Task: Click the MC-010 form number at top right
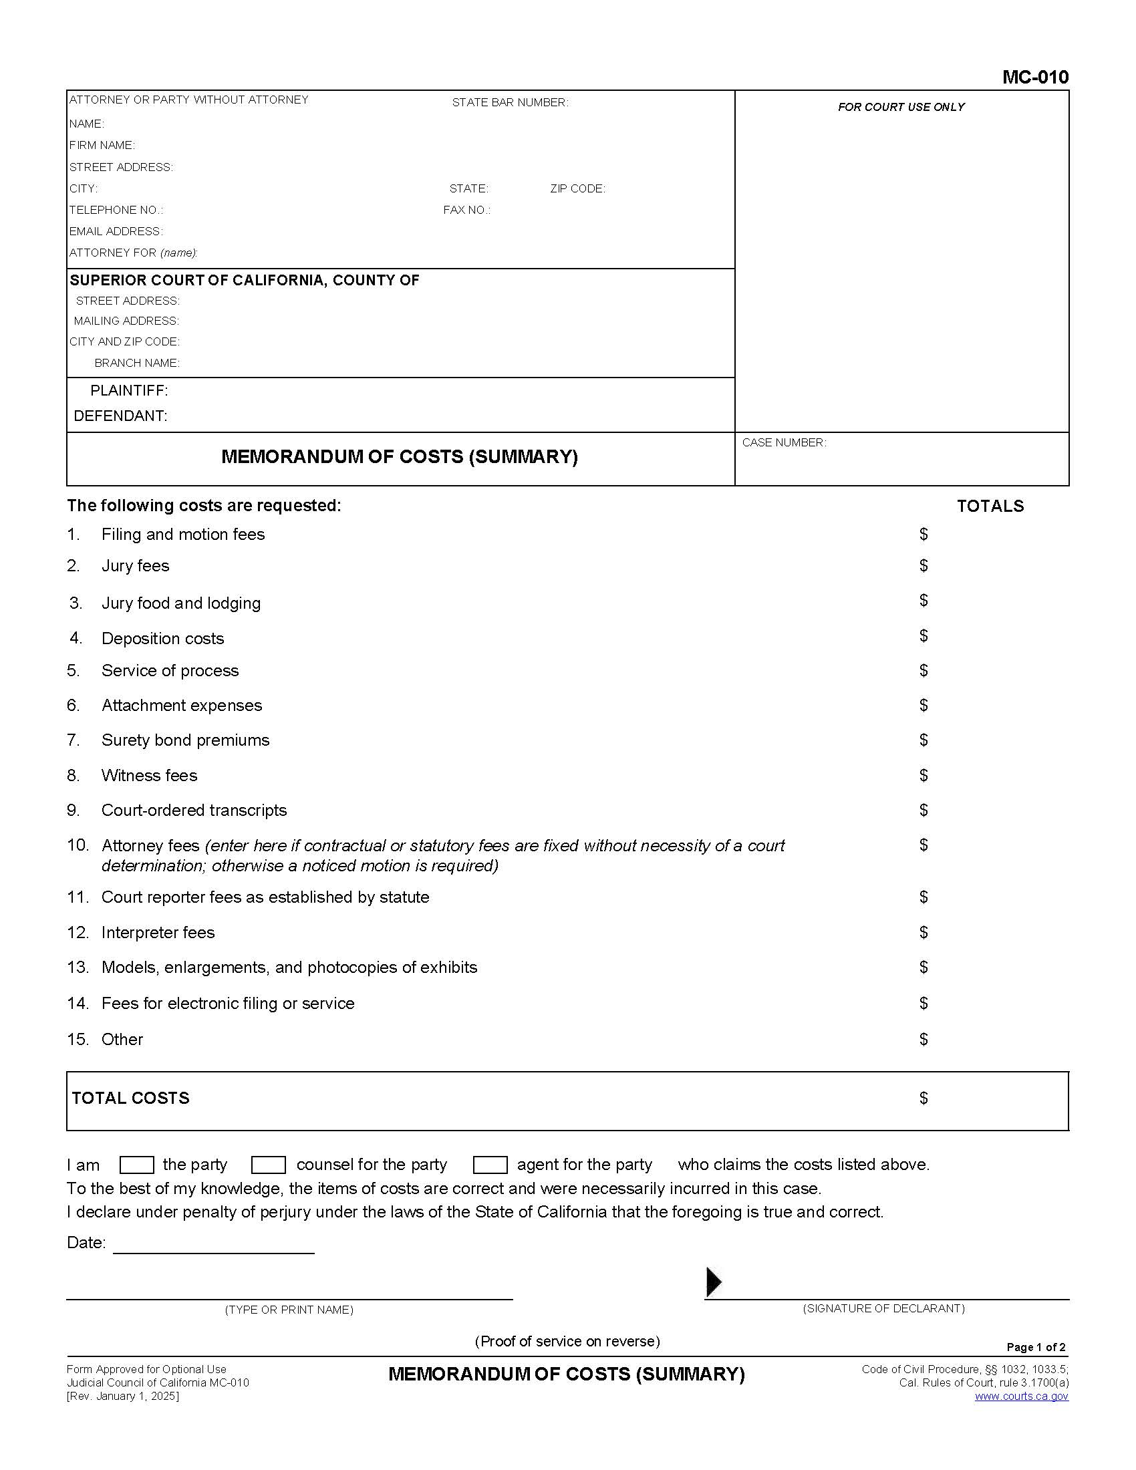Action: pyautogui.click(x=1034, y=77)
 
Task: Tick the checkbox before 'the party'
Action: pyautogui.click(x=136, y=1165)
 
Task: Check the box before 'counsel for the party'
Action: pyautogui.click(x=268, y=1165)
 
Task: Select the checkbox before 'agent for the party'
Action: pyautogui.click(x=490, y=1165)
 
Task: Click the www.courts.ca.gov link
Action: pyautogui.click(x=1021, y=1396)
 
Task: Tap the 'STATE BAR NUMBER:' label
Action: pyautogui.click(x=509, y=102)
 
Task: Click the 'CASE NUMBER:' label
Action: pyautogui.click(x=783, y=443)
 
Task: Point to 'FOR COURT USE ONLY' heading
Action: pyautogui.click(x=901, y=107)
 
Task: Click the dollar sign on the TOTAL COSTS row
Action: pyautogui.click(x=924, y=1098)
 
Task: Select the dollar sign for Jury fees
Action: pyautogui.click(x=924, y=565)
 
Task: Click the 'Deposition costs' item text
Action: pyautogui.click(x=162, y=638)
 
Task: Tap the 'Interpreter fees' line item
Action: pyautogui.click(x=158, y=932)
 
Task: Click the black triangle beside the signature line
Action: pyautogui.click(x=713, y=1282)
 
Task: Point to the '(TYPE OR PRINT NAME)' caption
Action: pyautogui.click(x=289, y=1309)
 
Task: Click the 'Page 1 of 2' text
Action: pyautogui.click(x=1036, y=1347)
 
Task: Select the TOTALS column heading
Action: pyautogui.click(x=989, y=506)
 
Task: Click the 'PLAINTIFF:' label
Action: pyautogui.click(x=129, y=390)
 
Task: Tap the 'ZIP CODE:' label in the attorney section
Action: pyautogui.click(x=577, y=188)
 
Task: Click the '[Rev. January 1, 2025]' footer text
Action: pyautogui.click(x=122, y=1396)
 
